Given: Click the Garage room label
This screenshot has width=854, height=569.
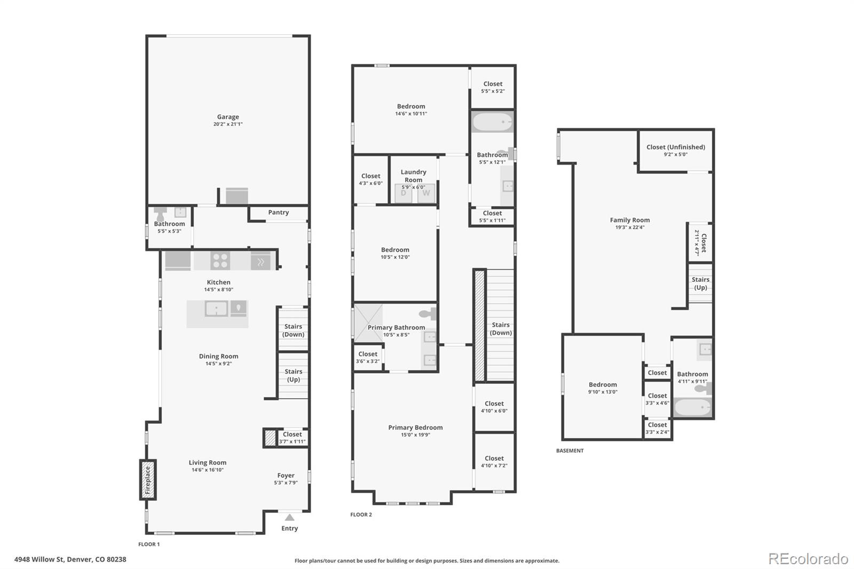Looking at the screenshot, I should pos(228,117).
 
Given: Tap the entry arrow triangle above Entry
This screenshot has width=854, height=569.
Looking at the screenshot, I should pos(289,517).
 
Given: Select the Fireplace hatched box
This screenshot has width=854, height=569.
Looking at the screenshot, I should pos(148,480).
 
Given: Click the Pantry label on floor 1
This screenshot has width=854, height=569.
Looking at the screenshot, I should pos(278,212).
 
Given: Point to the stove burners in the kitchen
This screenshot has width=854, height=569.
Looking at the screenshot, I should pos(220,261).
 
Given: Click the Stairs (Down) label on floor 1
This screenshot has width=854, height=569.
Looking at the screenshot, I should pos(293,330).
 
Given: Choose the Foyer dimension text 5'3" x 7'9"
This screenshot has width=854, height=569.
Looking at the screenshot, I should pos(286,483).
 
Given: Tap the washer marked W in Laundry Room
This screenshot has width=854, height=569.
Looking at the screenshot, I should pos(426,193).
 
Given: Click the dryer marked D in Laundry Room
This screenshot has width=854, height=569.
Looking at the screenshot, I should pos(404,193).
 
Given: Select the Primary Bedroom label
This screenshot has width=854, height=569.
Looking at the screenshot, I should pos(415,427).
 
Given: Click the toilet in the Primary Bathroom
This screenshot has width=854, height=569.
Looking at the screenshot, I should pos(428,314).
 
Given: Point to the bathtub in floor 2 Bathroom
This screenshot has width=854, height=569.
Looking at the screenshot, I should pos(492,122).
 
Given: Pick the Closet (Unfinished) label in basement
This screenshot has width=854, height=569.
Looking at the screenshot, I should pos(675,147).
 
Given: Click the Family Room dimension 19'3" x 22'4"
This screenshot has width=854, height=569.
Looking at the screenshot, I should pos(630,227).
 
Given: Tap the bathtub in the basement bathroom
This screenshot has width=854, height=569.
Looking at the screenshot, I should pos(692,408).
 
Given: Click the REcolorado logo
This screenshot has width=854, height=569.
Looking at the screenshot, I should pos(808,559).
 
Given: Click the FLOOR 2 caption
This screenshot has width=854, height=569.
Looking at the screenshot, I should pos(361,515).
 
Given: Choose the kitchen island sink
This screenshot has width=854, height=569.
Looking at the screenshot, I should pos(216,309).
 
